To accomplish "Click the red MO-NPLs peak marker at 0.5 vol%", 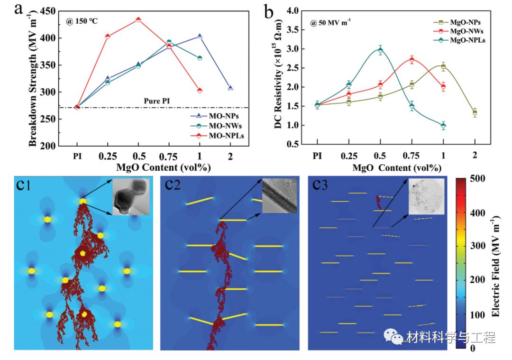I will click(138, 20).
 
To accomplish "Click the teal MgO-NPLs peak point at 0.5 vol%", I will click(380, 50).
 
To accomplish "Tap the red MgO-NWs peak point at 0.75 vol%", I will click(411, 60).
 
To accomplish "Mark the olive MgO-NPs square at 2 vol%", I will click(475, 112).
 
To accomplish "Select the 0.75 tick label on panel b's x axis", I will click(411, 155).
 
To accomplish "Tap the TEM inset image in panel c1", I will click(130, 196).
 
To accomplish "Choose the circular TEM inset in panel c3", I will click(426, 196).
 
